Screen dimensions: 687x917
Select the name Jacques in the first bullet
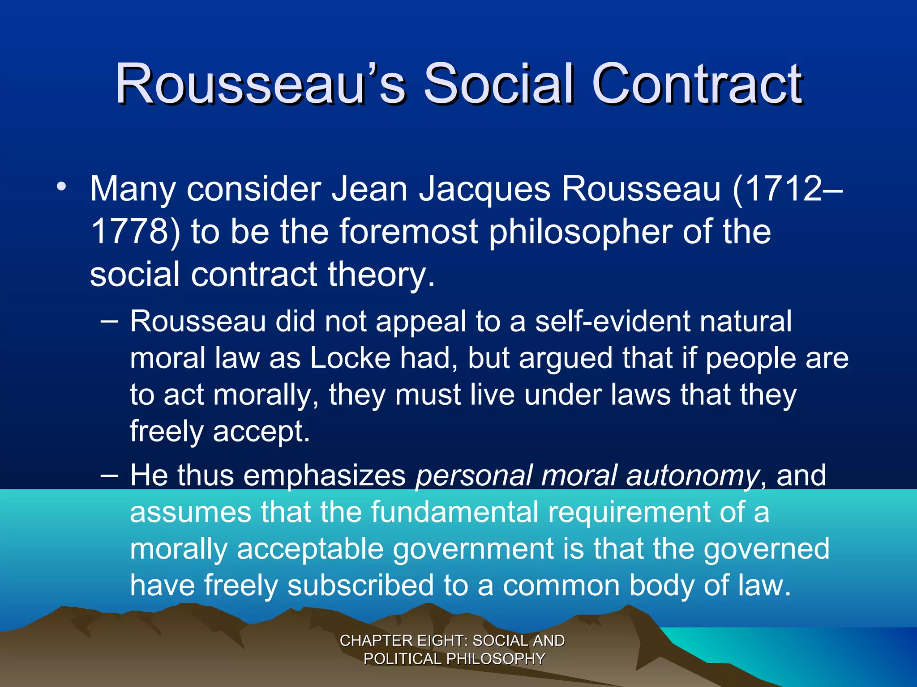[x=484, y=189]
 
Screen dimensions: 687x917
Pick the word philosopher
[x=580, y=233]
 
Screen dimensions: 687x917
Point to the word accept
[x=261, y=432]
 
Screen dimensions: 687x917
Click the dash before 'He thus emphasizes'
[x=109, y=475]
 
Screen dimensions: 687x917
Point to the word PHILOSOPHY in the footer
[x=496, y=659]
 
